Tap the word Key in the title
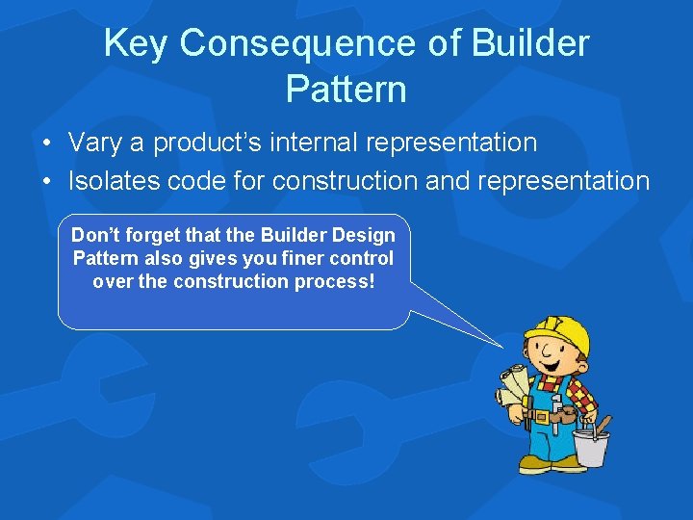(137, 43)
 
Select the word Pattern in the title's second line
(346, 90)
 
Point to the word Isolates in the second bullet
(110, 180)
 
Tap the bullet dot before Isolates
(47, 181)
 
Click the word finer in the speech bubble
(299, 258)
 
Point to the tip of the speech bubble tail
(502, 347)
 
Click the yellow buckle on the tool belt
(540, 417)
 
